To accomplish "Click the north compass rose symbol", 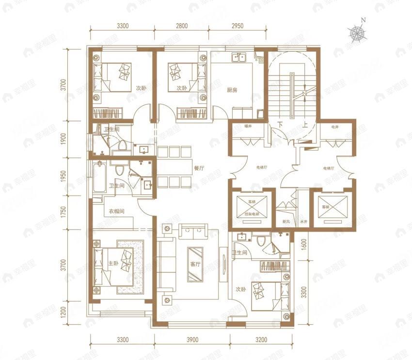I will point(358,33).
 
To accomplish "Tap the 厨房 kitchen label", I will point(232,90).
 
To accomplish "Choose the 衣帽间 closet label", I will point(116,211).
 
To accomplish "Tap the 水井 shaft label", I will point(303,222).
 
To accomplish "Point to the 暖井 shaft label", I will point(248,127).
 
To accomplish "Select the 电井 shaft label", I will point(334,127).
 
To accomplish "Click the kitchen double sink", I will point(239,58).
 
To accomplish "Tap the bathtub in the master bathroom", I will point(99,177).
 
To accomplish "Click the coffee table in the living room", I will point(195,264).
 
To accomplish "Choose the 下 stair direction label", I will point(281,124).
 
